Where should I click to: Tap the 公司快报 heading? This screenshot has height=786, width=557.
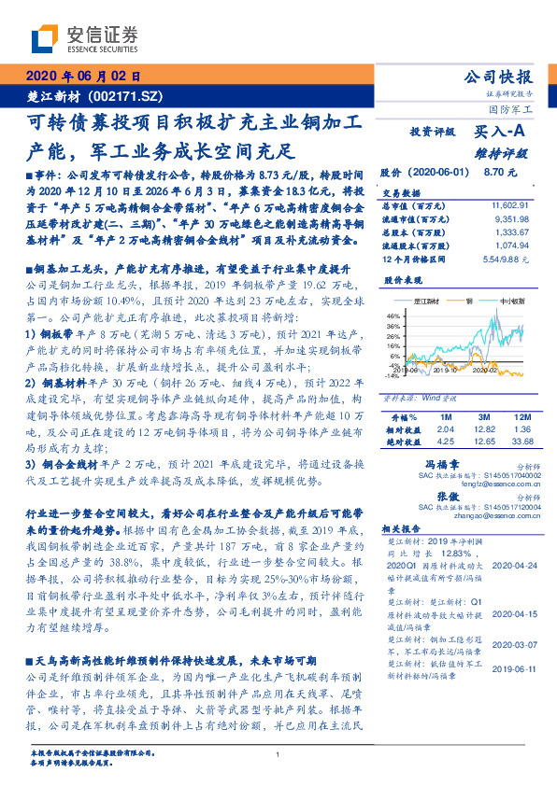tap(499, 77)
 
